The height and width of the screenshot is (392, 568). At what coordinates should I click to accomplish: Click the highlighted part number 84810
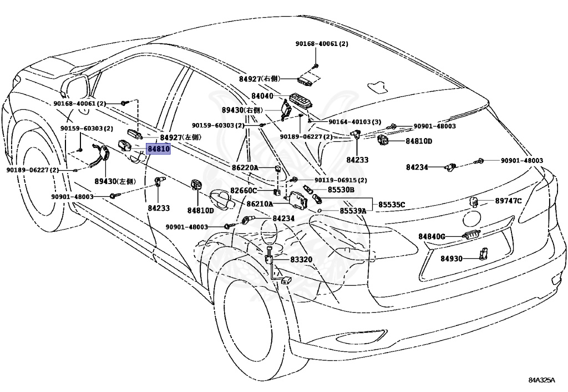(x=158, y=150)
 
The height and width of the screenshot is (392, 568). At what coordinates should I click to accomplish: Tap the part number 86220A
(x=245, y=167)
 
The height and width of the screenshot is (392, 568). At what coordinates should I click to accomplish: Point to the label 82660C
(x=244, y=191)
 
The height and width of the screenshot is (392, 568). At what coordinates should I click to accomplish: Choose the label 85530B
(x=341, y=190)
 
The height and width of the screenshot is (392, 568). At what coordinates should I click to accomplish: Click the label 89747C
(x=508, y=201)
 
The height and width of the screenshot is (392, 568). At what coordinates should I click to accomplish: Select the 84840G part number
(x=433, y=237)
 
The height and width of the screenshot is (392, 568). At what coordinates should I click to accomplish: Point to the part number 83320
(x=301, y=259)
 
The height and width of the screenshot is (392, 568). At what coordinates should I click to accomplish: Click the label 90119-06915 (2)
(x=341, y=180)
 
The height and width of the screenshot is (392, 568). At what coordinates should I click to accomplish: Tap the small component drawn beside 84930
(x=483, y=254)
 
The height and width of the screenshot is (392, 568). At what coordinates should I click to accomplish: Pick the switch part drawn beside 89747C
(x=475, y=201)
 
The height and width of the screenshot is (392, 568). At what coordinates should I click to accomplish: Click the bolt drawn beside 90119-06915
(x=295, y=179)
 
